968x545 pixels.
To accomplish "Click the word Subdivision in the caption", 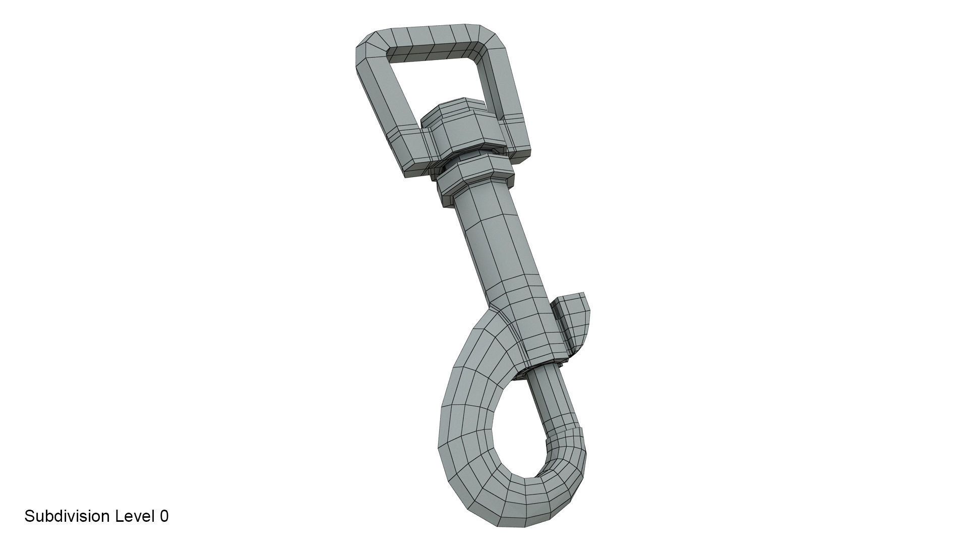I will click(x=67, y=516).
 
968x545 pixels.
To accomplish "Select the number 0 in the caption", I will click(x=164, y=516).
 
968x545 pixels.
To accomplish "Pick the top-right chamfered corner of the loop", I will click(x=492, y=40).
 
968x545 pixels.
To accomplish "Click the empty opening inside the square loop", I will click(x=439, y=81).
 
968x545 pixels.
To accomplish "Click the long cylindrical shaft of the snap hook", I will click(x=497, y=242).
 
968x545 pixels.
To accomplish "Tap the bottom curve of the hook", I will click(x=509, y=500).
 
